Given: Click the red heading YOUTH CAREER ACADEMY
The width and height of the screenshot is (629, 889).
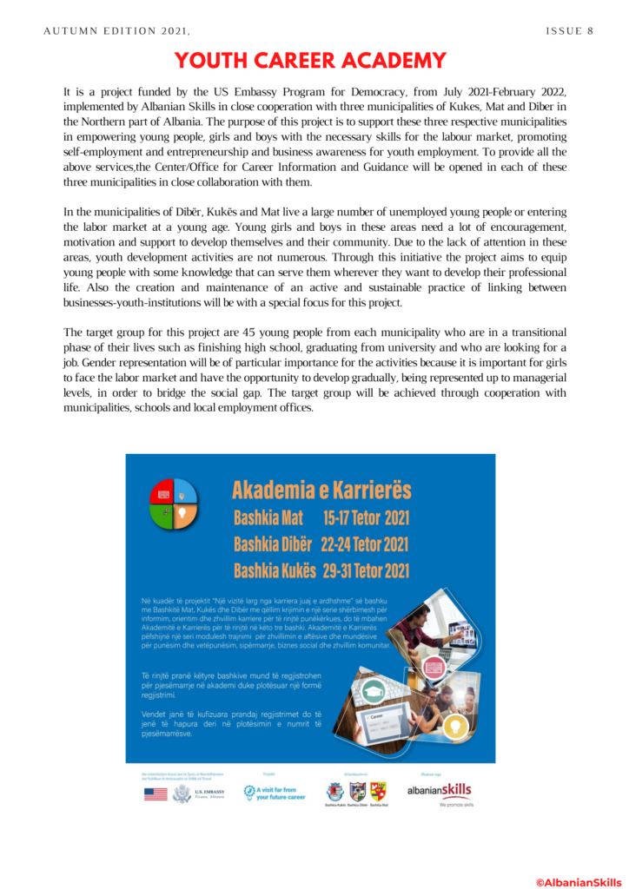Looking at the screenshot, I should pyautogui.click(x=311, y=61).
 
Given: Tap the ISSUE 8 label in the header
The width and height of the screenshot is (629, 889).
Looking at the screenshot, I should pyautogui.click(x=569, y=31).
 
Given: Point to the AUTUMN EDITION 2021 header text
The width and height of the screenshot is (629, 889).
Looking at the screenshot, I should pyautogui.click(x=116, y=31).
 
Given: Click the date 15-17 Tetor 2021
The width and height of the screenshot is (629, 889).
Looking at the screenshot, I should pyautogui.click(x=366, y=519).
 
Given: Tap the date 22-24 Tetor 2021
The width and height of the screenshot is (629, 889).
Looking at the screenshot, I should pyautogui.click(x=364, y=545).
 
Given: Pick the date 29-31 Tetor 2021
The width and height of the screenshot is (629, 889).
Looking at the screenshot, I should pyautogui.click(x=366, y=571).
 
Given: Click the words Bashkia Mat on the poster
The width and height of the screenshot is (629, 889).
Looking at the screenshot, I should pyautogui.click(x=268, y=519).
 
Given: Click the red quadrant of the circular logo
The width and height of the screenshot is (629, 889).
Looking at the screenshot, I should pyautogui.click(x=163, y=491).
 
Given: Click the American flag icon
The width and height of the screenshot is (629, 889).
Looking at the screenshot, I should pyautogui.click(x=156, y=794).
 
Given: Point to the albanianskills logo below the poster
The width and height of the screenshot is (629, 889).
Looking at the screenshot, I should pyautogui.click(x=439, y=791).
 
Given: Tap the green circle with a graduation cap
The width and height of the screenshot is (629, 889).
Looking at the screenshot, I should pyautogui.click(x=374, y=692).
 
